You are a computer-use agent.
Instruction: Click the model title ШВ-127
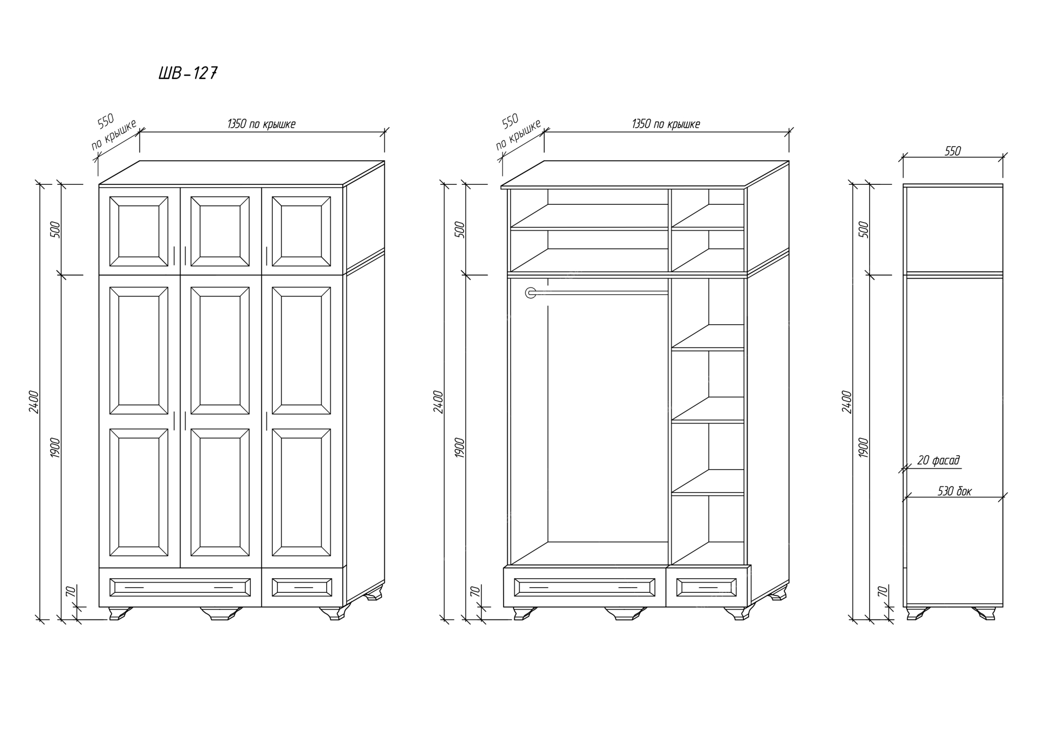click(188, 73)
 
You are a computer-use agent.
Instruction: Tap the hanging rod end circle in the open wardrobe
click(531, 293)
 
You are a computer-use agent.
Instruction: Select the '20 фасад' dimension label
click(938, 460)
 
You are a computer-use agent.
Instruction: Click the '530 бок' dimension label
click(954, 491)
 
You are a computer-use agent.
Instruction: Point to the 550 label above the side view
click(953, 151)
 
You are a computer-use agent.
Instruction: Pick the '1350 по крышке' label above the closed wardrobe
click(261, 124)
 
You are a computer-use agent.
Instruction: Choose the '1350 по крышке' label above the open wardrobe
click(666, 124)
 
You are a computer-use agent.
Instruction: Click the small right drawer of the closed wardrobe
click(302, 587)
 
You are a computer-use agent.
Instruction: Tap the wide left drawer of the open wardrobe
click(585, 587)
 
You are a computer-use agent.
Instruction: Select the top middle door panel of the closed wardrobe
click(220, 231)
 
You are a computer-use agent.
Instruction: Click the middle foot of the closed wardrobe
click(221, 613)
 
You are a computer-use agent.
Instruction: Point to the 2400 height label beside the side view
click(847, 402)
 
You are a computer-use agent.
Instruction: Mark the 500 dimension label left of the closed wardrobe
click(55, 229)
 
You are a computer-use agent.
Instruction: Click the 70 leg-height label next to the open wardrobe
click(475, 592)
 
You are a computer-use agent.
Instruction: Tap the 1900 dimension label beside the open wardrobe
click(460, 448)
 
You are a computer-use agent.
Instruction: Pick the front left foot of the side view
click(917, 613)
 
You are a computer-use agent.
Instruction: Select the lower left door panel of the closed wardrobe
click(139, 492)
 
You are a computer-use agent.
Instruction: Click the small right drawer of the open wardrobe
click(706, 587)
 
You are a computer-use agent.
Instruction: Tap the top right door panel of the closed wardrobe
click(302, 231)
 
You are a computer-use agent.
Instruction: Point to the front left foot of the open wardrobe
click(525, 613)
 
